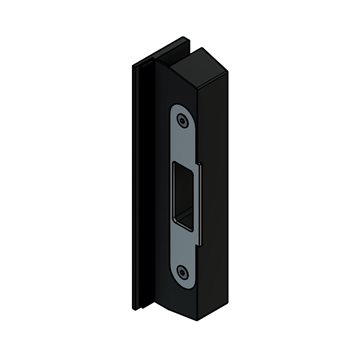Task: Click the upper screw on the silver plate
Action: [182, 118]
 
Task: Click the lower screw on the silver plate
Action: [181, 271]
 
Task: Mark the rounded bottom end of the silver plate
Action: [181, 283]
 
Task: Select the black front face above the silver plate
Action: [179, 90]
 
